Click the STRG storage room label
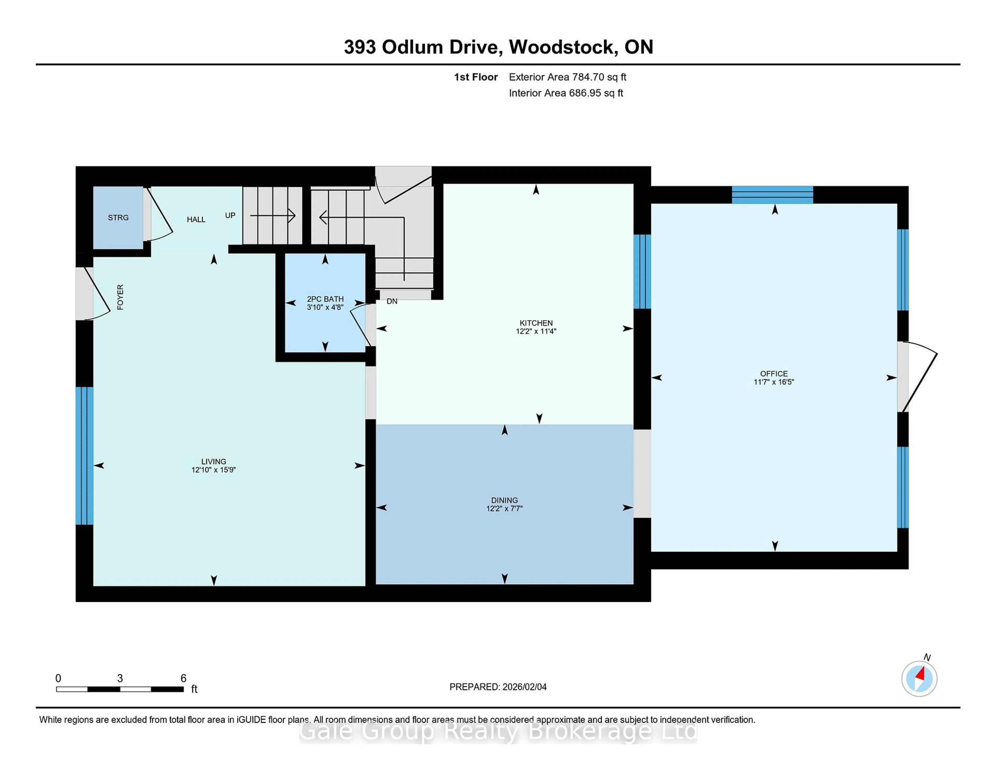tap(118, 218)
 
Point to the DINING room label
tap(504, 500)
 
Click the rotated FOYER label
tap(120, 297)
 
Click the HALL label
tap(196, 219)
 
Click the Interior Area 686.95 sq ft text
tap(566, 93)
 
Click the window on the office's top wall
tap(772, 195)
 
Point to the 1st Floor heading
tap(476, 77)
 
